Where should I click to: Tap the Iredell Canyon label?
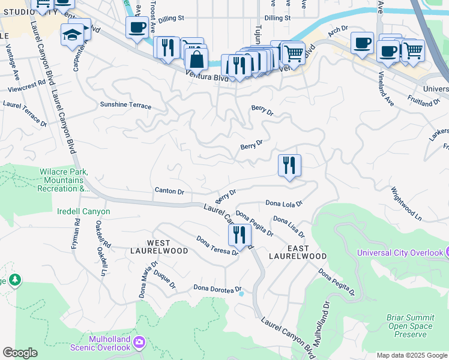(x=83, y=212)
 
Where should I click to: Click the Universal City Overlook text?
(x=399, y=253)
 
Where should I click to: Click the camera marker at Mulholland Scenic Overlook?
(x=139, y=343)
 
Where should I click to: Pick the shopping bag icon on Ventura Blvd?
(x=196, y=59)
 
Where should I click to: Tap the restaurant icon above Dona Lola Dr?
(x=289, y=165)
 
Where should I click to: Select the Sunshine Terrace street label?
(x=125, y=105)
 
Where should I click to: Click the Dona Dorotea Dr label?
(x=217, y=288)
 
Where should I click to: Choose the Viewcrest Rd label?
(x=27, y=86)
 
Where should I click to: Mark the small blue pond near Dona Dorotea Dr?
(x=241, y=293)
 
